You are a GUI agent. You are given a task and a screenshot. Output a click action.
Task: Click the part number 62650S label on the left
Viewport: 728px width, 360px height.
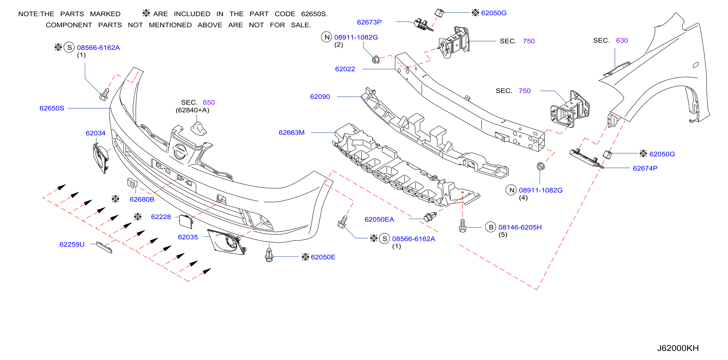point(52,108)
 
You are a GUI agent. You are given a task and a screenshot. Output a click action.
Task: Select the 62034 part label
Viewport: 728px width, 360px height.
point(96,133)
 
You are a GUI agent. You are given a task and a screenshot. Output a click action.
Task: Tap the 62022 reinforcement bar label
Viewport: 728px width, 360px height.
point(345,69)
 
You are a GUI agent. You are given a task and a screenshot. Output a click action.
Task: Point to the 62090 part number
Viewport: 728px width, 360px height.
point(320,97)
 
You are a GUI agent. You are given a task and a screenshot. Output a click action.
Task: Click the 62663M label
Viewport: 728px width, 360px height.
point(292,132)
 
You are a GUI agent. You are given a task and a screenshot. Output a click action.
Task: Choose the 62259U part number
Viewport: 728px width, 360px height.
point(72,245)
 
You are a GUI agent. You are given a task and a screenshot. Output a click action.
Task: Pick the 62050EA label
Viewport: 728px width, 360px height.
point(379,219)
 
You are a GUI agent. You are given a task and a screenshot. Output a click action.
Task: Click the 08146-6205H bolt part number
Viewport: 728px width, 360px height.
point(520,227)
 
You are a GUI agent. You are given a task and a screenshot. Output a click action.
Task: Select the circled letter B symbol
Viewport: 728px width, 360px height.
point(491,227)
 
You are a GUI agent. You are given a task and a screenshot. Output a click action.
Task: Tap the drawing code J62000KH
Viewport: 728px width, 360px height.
point(678,348)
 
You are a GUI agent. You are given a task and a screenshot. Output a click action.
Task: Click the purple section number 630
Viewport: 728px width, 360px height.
point(622,41)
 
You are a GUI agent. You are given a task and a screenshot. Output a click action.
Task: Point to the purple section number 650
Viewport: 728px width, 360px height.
point(209,102)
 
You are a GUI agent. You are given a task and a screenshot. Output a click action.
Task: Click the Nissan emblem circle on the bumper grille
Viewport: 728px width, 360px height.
point(180,151)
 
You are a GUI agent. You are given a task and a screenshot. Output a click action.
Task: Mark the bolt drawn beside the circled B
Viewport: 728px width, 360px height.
point(462,226)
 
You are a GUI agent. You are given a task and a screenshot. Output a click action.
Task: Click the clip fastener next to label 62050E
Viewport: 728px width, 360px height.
point(269,255)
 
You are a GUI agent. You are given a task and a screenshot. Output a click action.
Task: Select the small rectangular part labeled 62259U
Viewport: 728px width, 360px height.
point(104,247)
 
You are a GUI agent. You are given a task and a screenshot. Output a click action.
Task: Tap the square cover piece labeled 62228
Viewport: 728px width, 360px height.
point(186,221)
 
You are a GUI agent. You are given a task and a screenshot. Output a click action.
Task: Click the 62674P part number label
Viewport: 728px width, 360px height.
point(645,168)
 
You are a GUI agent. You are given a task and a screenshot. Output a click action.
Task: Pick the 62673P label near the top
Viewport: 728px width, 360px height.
point(369,22)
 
